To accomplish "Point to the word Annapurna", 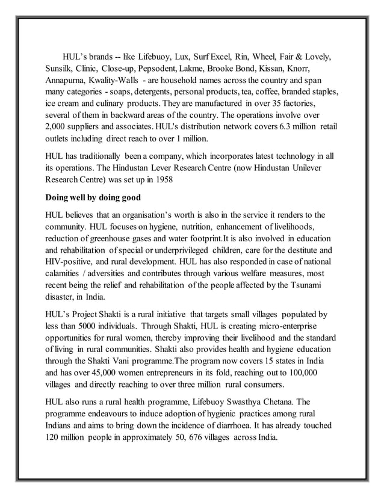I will point(66,80).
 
